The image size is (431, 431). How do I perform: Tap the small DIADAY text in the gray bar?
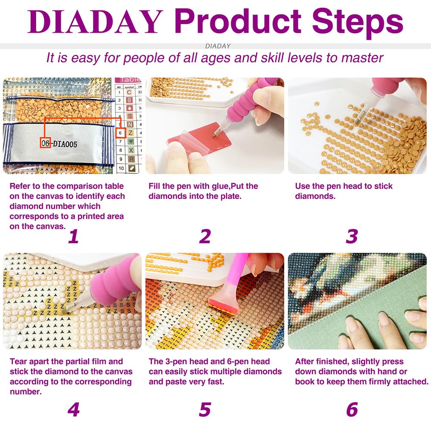(218, 46)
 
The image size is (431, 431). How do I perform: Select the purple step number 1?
(74, 236)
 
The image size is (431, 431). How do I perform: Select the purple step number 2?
(205, 236)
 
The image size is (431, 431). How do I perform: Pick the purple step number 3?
(352, 236)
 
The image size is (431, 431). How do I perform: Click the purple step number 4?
(74, 409)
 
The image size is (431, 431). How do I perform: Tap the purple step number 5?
(205, 409)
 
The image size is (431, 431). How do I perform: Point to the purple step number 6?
(352, 409)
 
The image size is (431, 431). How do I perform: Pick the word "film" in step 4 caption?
(115, 361)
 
